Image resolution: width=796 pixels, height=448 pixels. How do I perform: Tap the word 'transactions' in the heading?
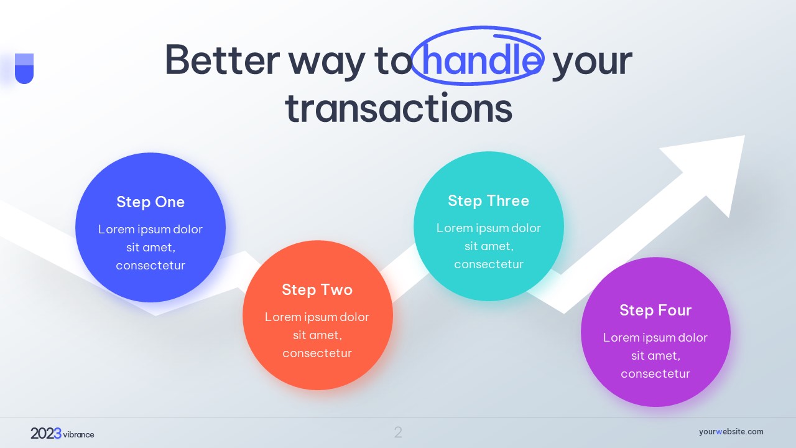click(399, 108)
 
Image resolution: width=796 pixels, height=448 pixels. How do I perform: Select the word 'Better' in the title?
click(223, 60)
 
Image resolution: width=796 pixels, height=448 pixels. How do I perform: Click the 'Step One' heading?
click(150, 202)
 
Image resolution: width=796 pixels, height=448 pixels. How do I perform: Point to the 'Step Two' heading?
click(317, 290)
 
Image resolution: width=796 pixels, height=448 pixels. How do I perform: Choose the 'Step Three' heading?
click(489, 201)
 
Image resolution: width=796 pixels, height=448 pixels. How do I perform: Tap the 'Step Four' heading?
click(655, 310)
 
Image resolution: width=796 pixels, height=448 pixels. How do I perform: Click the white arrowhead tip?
click(744, 136)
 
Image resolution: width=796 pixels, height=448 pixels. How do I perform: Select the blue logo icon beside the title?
click(24, 68)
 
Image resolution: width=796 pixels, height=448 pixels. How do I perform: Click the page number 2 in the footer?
click(398, 432)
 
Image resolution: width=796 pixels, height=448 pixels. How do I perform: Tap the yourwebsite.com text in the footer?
click(731, 432)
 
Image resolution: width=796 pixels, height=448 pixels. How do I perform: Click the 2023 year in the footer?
click(46, 434)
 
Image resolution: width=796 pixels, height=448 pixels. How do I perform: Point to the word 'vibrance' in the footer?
click(78, 434)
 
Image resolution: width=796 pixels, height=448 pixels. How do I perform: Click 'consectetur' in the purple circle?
click(655, 374)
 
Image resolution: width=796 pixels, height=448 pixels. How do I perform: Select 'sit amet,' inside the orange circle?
click(317, 335)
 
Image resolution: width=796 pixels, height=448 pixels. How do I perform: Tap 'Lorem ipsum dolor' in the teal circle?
click(489, 228)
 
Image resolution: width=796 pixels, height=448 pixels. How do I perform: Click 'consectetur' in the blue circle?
click(150, 265)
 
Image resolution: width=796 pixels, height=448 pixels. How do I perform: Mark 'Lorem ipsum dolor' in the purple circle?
click(655, 337)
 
